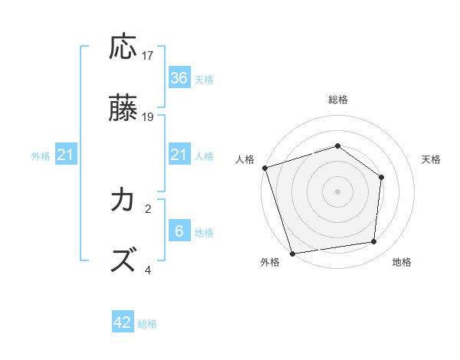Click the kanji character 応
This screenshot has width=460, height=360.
[x=124, y=48]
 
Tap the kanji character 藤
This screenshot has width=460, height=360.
[x=124, y=109]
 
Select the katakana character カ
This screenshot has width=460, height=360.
[x=123, y=201]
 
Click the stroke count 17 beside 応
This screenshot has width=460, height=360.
[x=148, y=56]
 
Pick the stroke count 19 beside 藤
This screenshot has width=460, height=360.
[x=148, y=117]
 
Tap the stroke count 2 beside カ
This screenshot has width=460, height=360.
[x=148, y=208]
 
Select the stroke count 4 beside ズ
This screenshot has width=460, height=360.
[x=148, y=270]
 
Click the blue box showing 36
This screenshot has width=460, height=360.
[x=179, y=78]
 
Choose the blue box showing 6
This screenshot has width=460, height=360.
[x=179, y=231]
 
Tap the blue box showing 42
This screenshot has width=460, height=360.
[x=123, y=322]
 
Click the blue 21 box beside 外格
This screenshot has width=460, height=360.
[x=66, y=155]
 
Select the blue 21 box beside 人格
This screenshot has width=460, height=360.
[x=179, y=155]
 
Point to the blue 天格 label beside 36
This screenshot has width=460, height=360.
[x=204, y=79]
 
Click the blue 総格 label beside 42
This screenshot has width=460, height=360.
[x=147, y=323]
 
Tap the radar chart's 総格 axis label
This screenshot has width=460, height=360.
[x=338, y=100]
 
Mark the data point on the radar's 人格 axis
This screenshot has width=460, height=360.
[x=264, y=168]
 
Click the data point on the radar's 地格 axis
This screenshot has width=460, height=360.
[x=374, y=241]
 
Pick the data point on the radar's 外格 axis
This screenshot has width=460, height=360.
[x=292, y=253]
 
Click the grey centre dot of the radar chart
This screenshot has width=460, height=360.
[x=338, y=191]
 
